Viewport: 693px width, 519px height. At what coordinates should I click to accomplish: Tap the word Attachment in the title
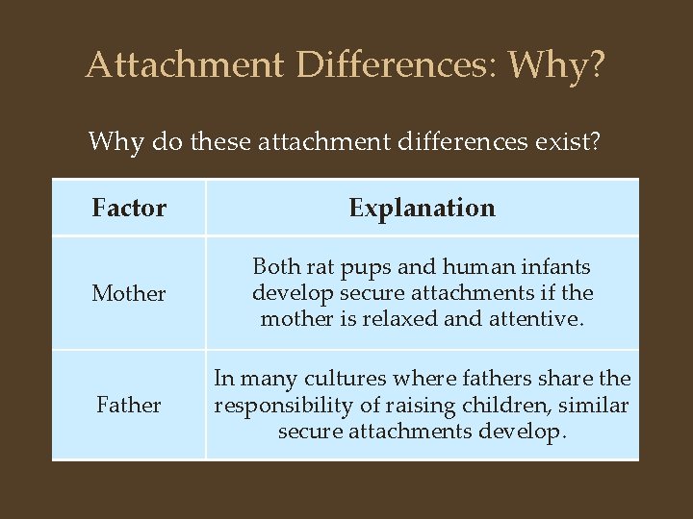pos(186,64)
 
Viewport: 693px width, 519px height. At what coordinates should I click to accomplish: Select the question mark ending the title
pos(597,64)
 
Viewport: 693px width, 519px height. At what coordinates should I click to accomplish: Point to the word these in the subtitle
pos(229,142)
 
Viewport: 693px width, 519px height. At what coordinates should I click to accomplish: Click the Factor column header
pos(129,208)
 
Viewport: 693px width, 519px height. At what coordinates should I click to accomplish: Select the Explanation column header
pos(422,208)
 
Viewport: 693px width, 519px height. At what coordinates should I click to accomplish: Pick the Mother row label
pos(129,293)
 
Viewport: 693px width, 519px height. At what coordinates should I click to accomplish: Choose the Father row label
pos(129,406)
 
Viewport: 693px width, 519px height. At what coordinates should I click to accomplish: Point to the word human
pos(459,267)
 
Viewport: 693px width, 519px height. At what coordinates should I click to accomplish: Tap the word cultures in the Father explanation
pos(324,380)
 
